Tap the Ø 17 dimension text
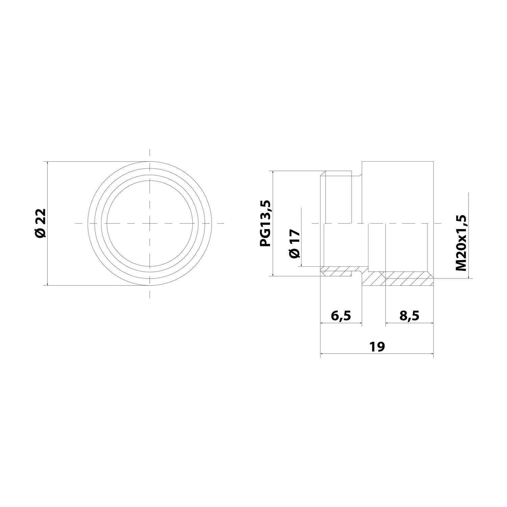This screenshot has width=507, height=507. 294,244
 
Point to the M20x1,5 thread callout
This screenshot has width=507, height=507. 461,243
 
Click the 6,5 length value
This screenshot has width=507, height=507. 341,316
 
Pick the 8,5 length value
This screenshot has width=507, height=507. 409,316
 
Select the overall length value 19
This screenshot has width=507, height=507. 377,346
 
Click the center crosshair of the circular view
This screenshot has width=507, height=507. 150,223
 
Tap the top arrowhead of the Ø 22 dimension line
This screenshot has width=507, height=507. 48,164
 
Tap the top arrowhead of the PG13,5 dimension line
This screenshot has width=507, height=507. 272,173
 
